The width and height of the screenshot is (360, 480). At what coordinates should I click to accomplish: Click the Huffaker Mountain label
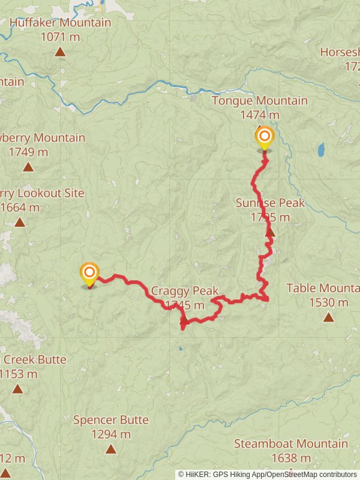pyautogui.click(x=60, y=23)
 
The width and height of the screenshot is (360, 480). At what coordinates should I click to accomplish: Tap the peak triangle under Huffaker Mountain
pyautogui.click(x=60, y=52)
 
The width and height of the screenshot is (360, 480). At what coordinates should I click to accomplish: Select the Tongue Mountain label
pyautogui.click(x=259, y=101)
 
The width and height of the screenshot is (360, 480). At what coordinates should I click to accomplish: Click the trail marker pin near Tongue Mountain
pyautogui.click(x=264, y=137)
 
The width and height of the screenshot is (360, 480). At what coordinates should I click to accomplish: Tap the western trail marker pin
pyautogui.click(x=89, y=273)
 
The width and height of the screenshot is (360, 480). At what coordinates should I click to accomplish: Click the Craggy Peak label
pyautogui.click(x=184, y=291)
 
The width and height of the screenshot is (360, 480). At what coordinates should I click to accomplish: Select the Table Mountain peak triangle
pyautogui.click(x=328, y=317)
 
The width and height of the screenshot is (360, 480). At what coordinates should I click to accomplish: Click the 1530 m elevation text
pyautogui.click(x=328, y=302)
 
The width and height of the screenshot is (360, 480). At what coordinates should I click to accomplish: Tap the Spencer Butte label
pyautogui.click(x=110, y=420)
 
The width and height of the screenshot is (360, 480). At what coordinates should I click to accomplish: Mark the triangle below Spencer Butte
pyautogui.click(x=110, y=449)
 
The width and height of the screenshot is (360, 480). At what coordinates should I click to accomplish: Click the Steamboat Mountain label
pyautogui.click(x=290, y=444)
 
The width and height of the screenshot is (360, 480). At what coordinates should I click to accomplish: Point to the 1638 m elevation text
pyautogui.click(x=290, y=459)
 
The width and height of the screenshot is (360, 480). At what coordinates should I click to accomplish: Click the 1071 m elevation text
pyautogui.click(x=60, y=37)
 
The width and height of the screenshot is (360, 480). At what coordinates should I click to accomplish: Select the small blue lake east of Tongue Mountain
pyautogui.click(x=321, y=148)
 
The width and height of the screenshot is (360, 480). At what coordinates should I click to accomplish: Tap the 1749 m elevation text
pyautogui.click(x=28, y=152)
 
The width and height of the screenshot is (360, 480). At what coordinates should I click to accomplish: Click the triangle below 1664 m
pyautogui.click(x=20, y=223)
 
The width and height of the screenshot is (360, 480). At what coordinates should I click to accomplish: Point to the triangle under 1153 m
pyautogui.click(x=17, y=389)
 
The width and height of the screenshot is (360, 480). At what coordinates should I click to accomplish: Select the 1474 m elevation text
pyautogui.click(x=259, y=115)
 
